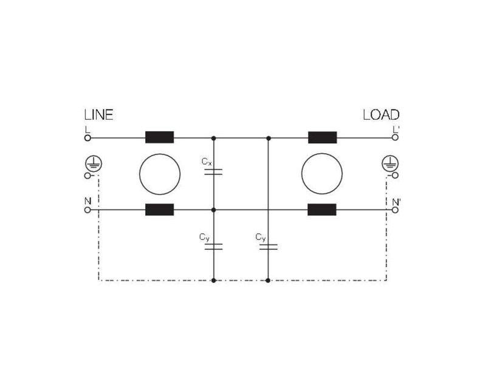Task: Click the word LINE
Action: pyautogui.click(x=99, y=115)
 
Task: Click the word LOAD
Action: pyautogui.click(x=381, y=115)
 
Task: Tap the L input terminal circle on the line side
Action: pyautogui.click(x=87, y=138)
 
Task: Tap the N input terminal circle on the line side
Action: pyautogui.click(x=87, y=210)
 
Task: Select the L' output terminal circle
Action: pyautogui.click(x=395, y=137)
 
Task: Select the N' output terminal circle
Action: pyautogui.click(x=395, y=210)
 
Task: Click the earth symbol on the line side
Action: pyautogui.click(x=94, y=163)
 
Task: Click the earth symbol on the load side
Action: pyautogui.click(x=390, y=163)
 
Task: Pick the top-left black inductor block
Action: pyautogui.click(x=160, y=137)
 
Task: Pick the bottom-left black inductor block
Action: pyautogui.click(x=160, y=210)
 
